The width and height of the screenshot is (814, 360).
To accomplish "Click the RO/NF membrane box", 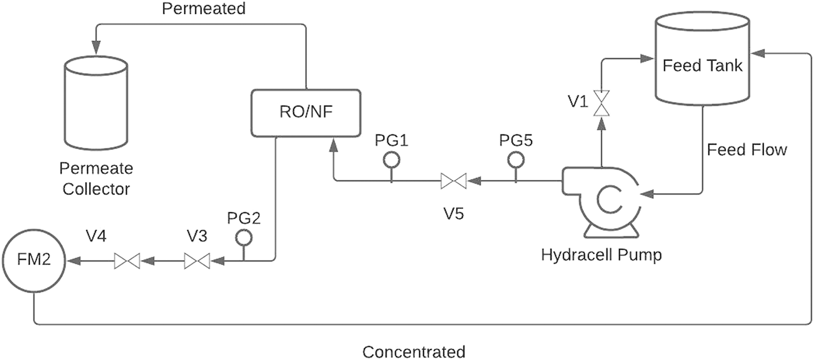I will tap(306, 112).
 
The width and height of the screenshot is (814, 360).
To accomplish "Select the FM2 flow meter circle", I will tap(34, 260).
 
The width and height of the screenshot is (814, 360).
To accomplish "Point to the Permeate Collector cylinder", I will tap(96, 103).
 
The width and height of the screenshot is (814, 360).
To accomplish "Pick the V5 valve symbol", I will tap(454, 181).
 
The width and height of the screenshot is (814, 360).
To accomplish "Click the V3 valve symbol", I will tap(197, 261).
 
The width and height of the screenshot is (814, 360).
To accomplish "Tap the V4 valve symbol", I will tap(127, 261).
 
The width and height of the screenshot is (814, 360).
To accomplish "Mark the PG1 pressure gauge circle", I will tap(392, 160).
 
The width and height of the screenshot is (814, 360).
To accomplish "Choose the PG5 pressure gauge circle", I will tap(516, 160).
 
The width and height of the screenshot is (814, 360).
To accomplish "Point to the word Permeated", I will tap(204, 8).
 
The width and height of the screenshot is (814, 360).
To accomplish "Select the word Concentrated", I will tap(414, 352).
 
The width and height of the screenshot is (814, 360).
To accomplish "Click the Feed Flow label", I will tap(746, 149).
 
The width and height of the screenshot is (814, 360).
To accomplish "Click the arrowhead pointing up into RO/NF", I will tap(334, 145).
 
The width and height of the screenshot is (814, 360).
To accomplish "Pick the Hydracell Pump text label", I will tap(601, 254).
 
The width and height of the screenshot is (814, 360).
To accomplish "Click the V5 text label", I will tap(454, 213).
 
